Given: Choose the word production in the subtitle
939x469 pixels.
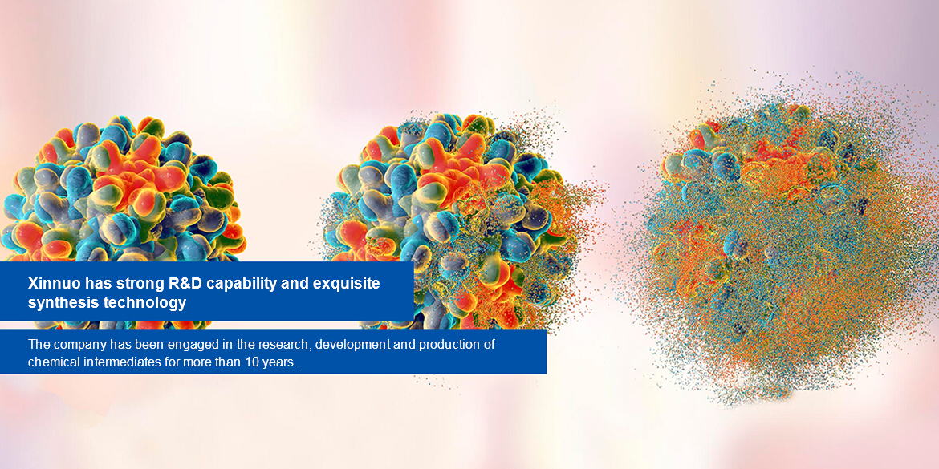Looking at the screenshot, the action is [x=454, y=346].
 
